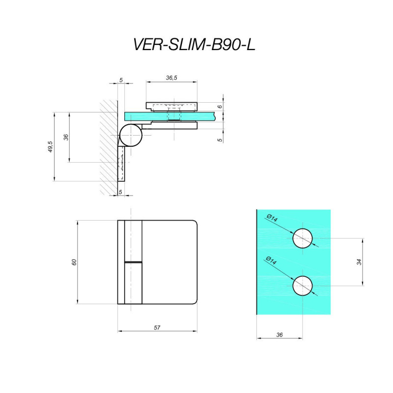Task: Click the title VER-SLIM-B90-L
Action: tap(194, 45)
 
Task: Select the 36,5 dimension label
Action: tap(171, 78)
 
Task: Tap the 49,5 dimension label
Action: tap(51, 146)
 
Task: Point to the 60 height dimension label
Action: tap(74, 262)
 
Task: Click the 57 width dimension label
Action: tap(157, 328)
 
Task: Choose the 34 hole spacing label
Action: tap(359, 262)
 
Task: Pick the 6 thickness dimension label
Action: tap(220, 107)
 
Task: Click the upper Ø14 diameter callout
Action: tap(272, 218)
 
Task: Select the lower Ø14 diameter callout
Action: tap(272, 261)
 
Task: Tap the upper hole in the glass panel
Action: tap(303, 238)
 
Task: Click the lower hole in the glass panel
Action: tap(303, 286)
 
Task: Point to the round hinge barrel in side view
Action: tap(131, 136)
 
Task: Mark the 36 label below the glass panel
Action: tap(280, 335)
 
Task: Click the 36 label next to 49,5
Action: tap(66, 137)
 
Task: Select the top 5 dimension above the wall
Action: tap(121, 80)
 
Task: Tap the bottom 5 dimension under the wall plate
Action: tap(120, 192)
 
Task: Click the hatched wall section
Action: tap(109, 148)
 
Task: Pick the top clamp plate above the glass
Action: tap(171, 107)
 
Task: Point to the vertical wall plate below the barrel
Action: tap(121, 164)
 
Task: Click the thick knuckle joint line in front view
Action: tap(133, 262)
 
